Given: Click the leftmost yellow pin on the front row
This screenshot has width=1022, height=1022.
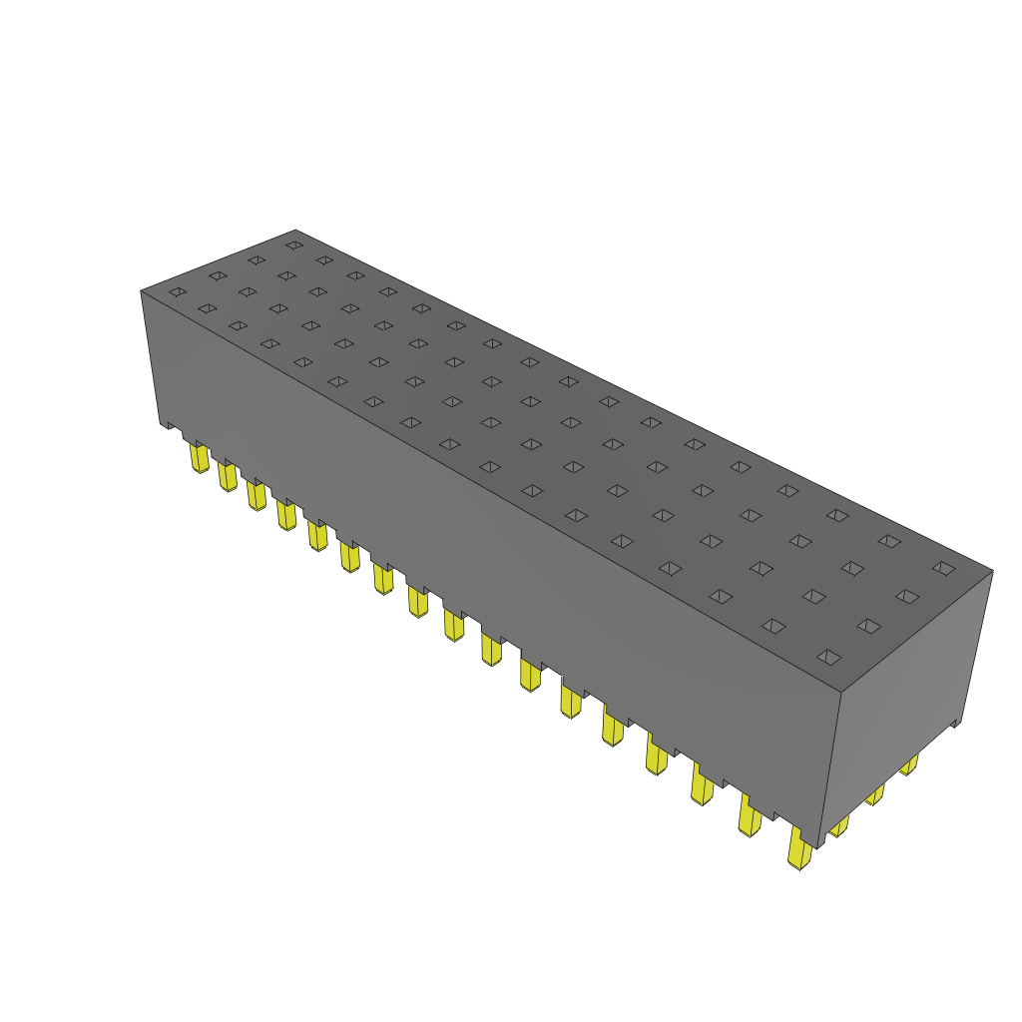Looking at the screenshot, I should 199,458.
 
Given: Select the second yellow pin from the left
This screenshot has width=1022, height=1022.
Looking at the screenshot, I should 228,477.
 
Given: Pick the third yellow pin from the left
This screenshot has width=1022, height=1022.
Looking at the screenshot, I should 256,494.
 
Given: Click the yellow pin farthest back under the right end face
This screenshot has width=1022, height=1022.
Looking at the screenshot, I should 908,766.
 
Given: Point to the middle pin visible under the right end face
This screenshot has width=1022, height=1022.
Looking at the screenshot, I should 874,794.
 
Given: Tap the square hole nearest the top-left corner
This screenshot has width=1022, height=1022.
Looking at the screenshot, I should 177,291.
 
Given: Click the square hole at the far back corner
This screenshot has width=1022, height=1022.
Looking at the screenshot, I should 293,244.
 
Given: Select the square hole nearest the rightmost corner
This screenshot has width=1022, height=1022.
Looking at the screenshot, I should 942,568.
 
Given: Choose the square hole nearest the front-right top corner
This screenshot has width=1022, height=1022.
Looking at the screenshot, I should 827,657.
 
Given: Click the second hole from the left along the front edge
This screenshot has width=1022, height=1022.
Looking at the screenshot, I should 207,308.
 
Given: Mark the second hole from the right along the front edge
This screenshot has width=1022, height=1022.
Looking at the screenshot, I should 772,626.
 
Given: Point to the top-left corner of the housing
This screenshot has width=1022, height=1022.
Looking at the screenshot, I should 141,290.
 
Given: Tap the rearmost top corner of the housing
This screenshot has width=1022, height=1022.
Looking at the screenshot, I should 296,230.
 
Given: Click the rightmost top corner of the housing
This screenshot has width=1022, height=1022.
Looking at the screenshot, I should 992,571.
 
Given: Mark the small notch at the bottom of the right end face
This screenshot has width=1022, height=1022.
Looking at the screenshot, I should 956,723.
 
